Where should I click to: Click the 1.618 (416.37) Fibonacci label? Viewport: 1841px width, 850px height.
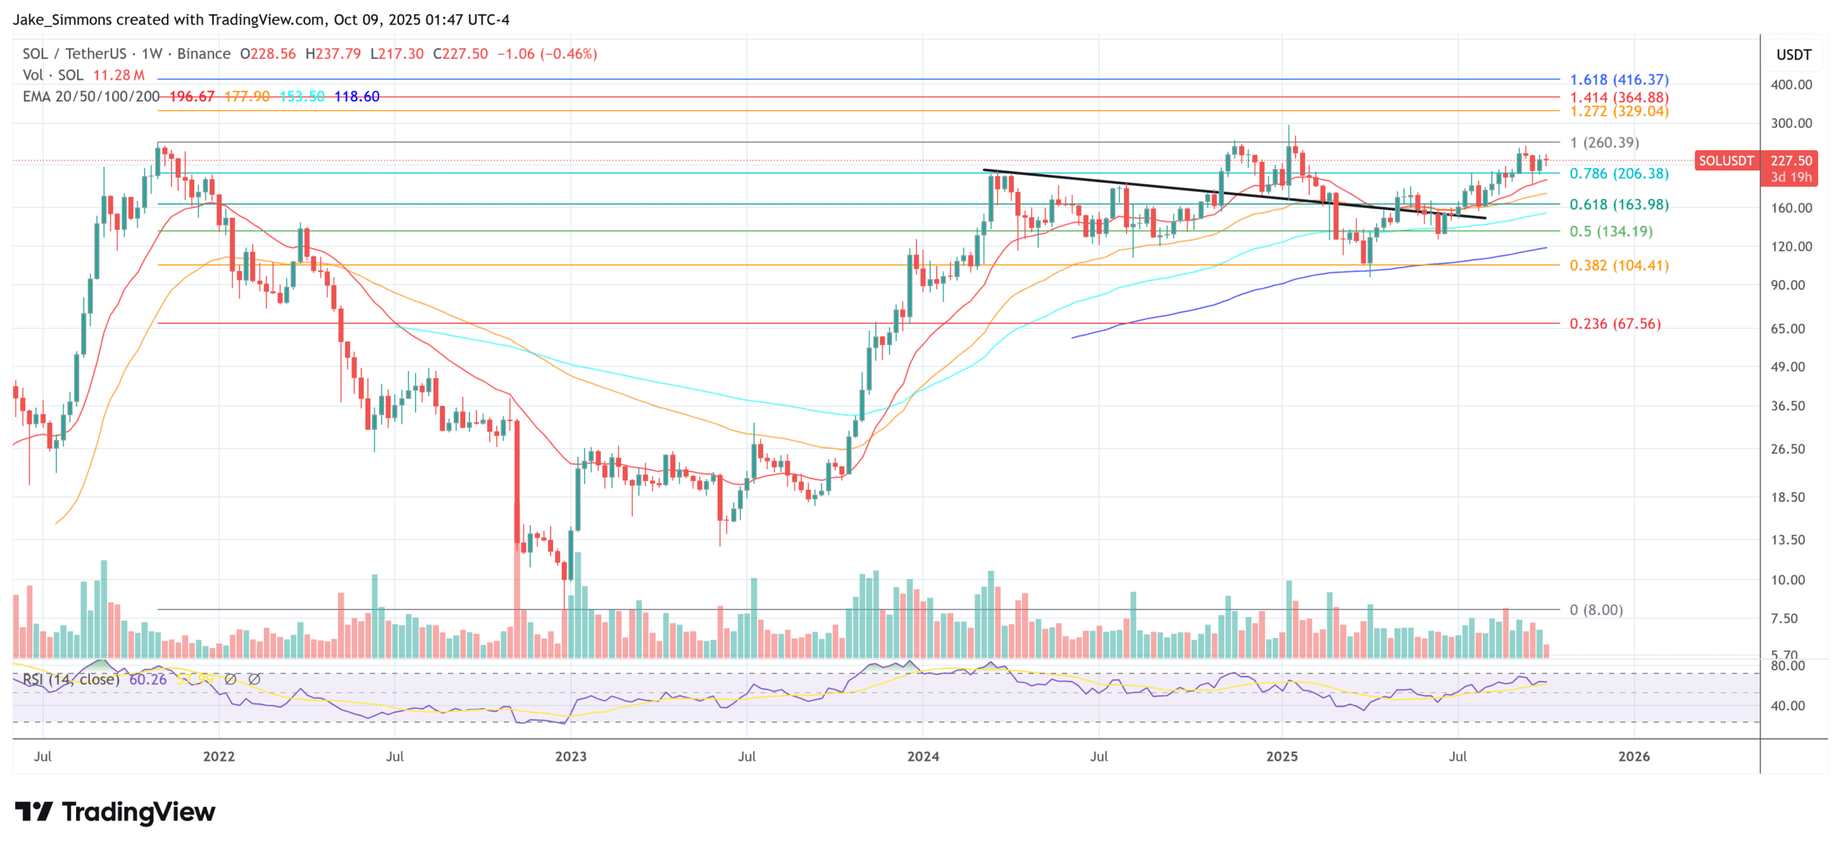point(1618,80)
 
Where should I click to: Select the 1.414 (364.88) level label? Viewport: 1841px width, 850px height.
point(1618,97)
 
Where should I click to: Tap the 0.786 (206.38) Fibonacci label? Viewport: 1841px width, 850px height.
point(1618,173)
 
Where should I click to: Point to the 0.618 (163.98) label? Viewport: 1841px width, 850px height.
point(1618,204)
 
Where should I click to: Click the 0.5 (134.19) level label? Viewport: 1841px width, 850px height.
point(1610,232)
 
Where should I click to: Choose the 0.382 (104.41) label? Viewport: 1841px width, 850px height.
point(1618,265)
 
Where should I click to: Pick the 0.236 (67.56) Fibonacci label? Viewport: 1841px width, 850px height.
point(1614,324)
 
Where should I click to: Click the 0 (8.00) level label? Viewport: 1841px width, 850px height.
point(1596,610)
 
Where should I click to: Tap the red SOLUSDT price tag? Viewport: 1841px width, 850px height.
point(1725,160)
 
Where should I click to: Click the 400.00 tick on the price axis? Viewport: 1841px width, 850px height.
point(1791,85)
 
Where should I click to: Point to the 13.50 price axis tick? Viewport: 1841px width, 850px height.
point(1787,540)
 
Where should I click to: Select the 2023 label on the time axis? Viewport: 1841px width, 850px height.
point(570,757)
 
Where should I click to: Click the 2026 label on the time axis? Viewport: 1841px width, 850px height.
point(1633,757)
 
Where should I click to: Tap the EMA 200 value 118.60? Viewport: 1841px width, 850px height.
point(357,96)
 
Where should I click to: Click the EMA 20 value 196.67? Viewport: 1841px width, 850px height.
point(191,96)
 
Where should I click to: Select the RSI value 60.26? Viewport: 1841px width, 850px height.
point(147,679)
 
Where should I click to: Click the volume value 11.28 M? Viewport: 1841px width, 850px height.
point(119,75)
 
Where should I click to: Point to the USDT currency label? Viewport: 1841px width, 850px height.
point(1794,55)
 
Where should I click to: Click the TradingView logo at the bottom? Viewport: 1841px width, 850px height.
point(115,812)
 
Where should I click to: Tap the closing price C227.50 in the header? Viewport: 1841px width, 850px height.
point(460,54)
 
